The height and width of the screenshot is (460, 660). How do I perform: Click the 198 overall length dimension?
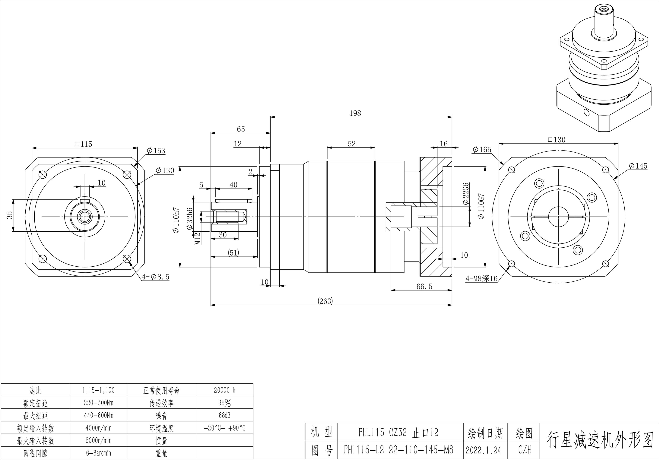click(x=355, y=113)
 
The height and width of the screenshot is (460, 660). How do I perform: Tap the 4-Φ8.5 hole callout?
click(x=156, y=277)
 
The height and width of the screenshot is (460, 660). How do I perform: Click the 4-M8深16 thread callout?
click(x=481, y=278)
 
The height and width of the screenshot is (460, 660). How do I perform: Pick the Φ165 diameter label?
click(x=482, y=150)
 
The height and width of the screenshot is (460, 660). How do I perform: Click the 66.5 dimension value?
click(x=424, y=286)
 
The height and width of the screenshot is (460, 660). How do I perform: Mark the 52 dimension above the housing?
click(x=352, y=144)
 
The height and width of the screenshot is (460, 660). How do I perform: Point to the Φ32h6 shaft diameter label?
click(x=190, y=219)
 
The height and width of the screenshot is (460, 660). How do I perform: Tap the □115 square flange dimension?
click(x=83, y=144)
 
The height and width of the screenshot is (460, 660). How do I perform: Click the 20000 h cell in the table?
click(x=224, y=390)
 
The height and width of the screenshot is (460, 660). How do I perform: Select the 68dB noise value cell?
click(x=224, y=415)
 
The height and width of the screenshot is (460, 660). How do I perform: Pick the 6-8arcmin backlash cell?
click(x=98, y=453)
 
